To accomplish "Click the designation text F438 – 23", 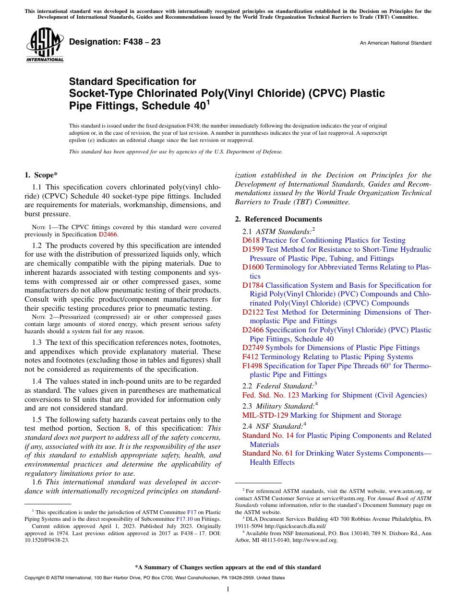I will coord(115,42).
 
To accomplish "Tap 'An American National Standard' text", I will coord(396,43).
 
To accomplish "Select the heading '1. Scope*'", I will coord(41,176).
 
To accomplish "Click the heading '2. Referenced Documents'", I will coord(278,219).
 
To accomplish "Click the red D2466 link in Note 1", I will coord(108,235).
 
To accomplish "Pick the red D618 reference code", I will coord(251,240).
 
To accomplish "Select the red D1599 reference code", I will coord(253,249).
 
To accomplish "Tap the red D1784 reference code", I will coord(253,285).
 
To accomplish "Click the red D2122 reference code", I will coord(253,312).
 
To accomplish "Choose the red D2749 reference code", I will coord(253,348).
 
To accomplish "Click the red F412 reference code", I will coord(251,357).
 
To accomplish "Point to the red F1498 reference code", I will coord(252,366).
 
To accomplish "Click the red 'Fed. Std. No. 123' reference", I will coord(271,395).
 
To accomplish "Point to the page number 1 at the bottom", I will coord(228,589).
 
